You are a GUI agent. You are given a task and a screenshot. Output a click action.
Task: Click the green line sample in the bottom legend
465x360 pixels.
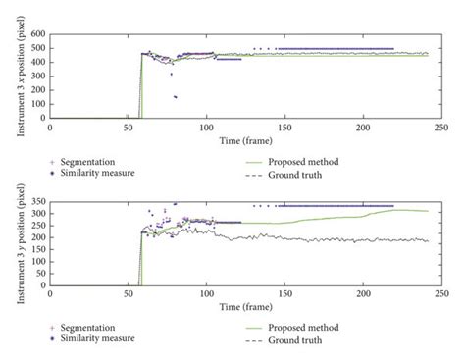255,327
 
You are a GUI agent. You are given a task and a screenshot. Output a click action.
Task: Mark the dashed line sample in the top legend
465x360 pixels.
255,175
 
